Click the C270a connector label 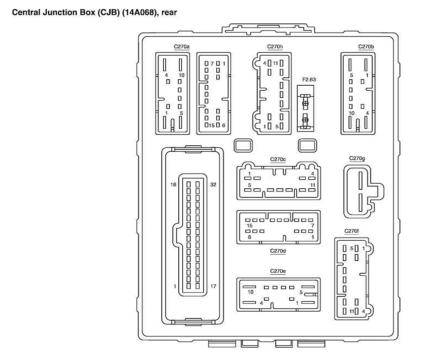click(x=182, y=47)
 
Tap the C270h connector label click(x=275, y=47)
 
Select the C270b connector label click(x=366, y=47)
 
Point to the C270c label click(x=278, y=159)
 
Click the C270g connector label click(x=357, y=158)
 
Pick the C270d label click(x=278, y=251)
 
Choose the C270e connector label click(x=278, y=271)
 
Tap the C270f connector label click(x=352, y=231)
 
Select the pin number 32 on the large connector click(x=213, y=184)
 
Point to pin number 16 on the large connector click(x=173, y=184)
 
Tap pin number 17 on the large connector click(x=213, y=286)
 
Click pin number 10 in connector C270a click(x=182, y=75)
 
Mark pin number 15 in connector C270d click(x=249, y=226)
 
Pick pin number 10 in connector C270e click(x=250, y=292)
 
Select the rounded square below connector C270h click(x=243, y=145)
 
